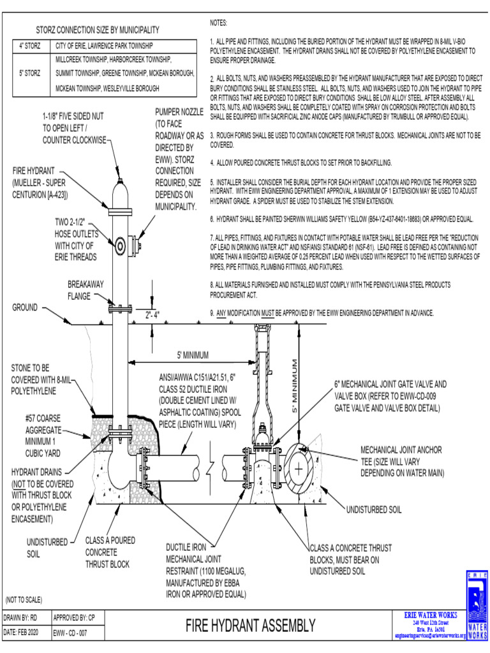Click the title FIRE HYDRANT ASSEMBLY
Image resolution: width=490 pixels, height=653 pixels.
click(x=250, y=626)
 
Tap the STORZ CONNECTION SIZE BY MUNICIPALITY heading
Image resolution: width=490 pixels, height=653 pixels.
click(x=98, y=30)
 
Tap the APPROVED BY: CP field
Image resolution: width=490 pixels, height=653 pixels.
click(x=74, y=618)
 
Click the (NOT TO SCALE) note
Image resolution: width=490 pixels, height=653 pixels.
click(x=24, y=600)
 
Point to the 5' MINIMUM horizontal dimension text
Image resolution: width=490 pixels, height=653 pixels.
click(x=193, y=355)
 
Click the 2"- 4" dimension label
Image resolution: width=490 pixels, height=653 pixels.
click(x=152, y=314)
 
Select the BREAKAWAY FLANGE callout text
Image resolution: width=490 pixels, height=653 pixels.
click(x=85, y=290)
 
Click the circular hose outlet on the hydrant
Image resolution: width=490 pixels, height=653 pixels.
click(x=119, y=244)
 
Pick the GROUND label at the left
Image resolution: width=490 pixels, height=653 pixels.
click(x=25, y=308)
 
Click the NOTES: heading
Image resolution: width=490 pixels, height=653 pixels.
click(x=219, y=23)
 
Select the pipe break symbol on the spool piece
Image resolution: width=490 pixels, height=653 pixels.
click(x=212, y=469)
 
